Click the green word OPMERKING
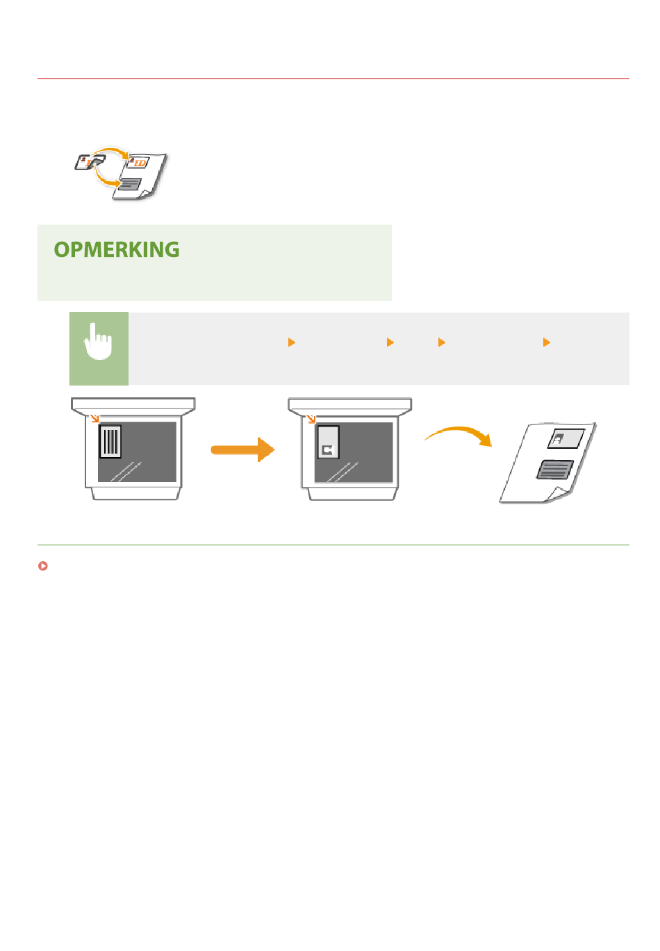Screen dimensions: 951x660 point(117,250)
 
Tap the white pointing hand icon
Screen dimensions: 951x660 point(99,343)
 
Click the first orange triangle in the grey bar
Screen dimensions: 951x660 point(292,342)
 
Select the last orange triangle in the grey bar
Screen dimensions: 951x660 point(547,342)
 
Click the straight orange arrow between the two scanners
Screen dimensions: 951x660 point(242,449)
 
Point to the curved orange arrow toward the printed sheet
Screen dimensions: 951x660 point(459,435)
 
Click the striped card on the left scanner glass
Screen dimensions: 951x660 point(110,441)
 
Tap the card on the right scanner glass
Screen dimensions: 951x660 point(328,443)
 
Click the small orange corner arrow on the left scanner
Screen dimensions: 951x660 point(94,418)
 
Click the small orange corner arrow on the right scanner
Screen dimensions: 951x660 point(311,419)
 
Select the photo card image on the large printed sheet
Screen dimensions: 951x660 point(566,438)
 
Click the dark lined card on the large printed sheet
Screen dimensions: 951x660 point(555,470)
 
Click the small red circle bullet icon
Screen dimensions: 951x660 point(43,566)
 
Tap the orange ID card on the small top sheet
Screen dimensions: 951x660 point(139,163)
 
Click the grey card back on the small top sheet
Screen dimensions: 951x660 point(130,183)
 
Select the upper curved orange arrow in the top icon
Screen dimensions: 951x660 point(111,151)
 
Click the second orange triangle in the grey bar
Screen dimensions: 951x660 point(390,342)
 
